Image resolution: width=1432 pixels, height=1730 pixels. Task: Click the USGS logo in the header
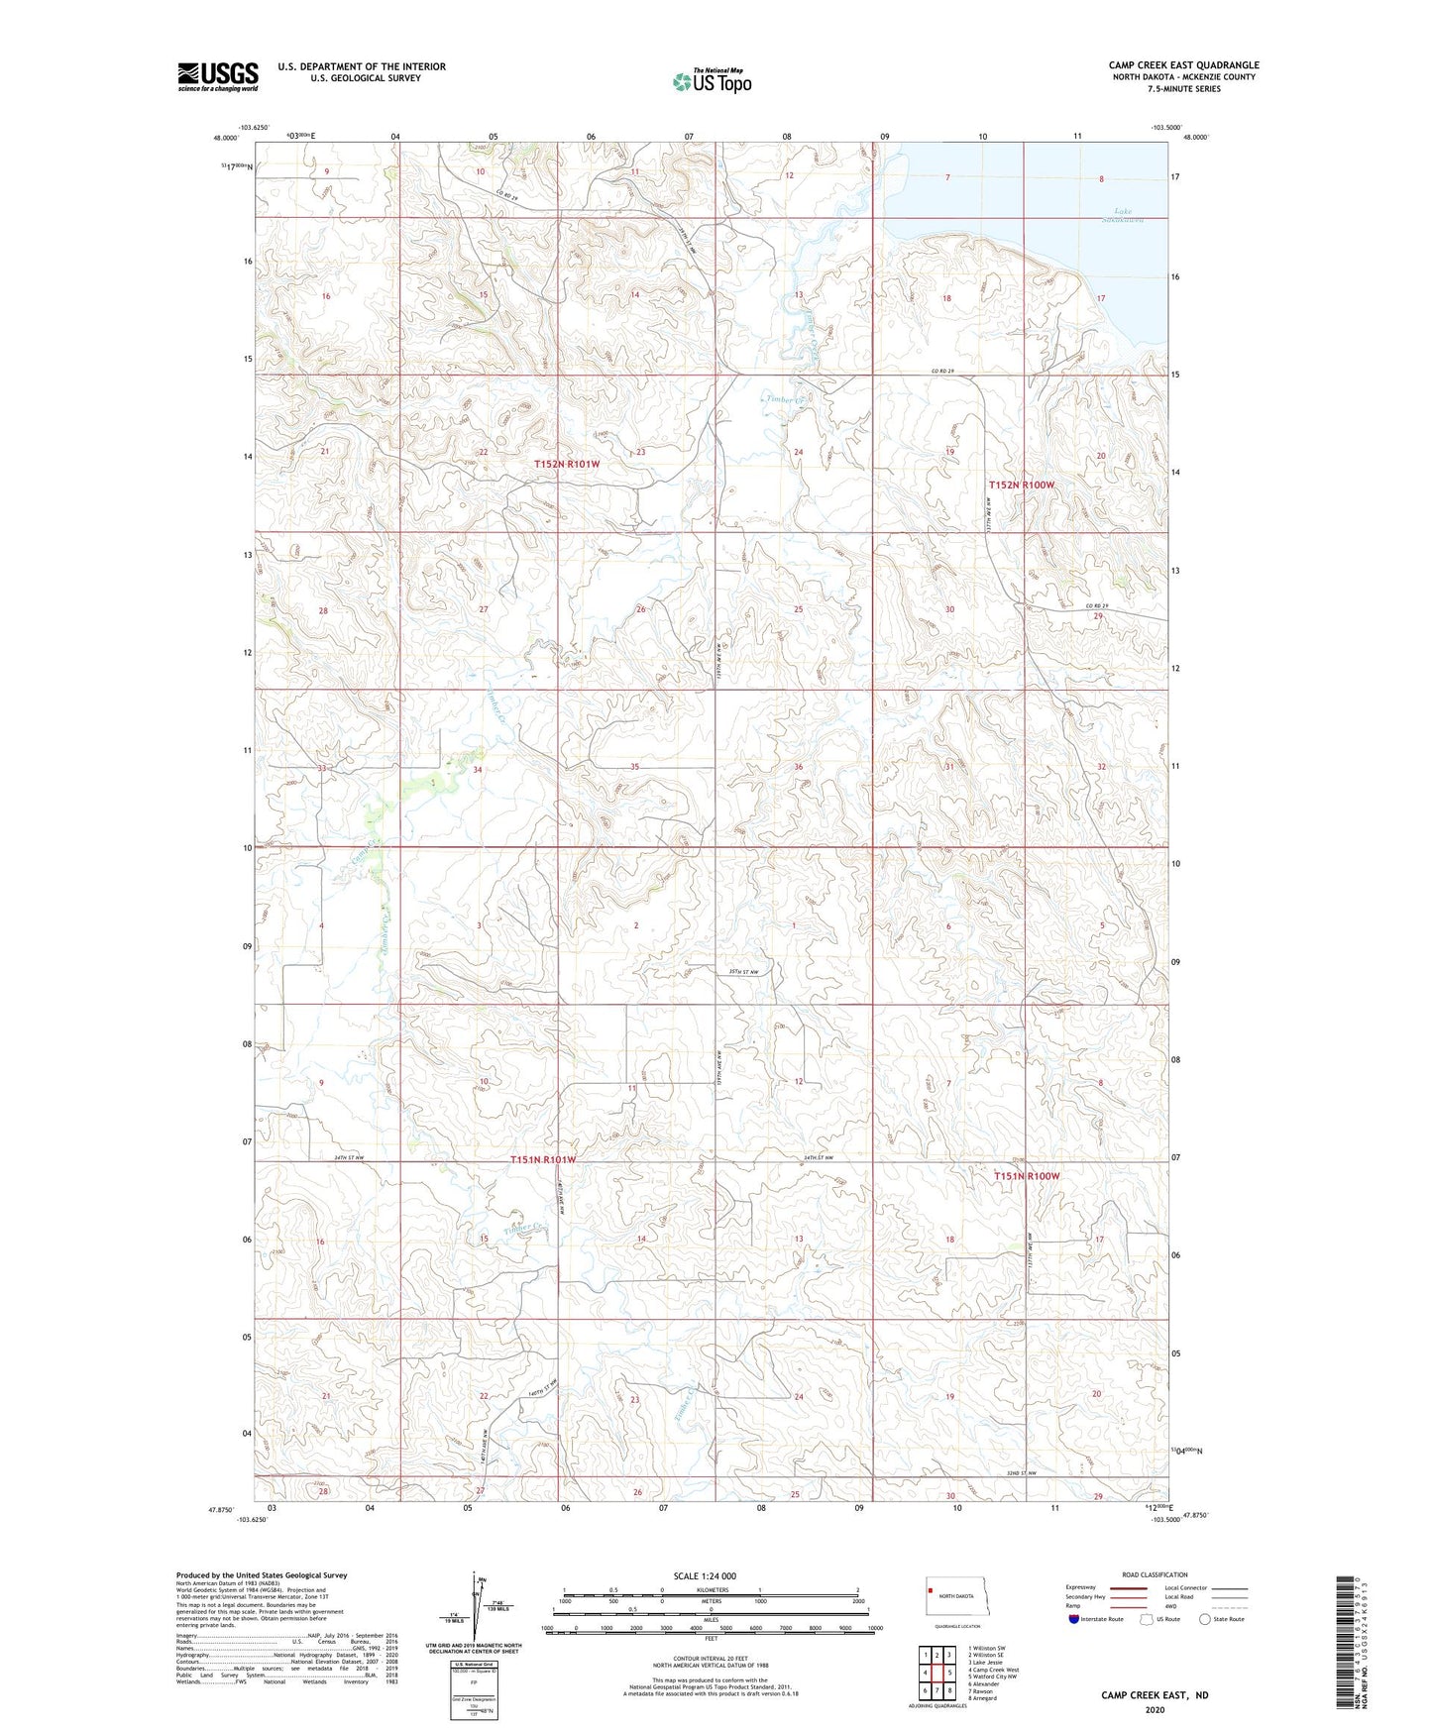[218, 76]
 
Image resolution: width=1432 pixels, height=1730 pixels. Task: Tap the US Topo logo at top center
[712, 80]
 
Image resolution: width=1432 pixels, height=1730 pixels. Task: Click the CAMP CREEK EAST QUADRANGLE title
[1183, 65]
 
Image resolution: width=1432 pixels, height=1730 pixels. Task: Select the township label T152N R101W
[567, 464]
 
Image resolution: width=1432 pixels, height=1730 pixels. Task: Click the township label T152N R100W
[1022, 486]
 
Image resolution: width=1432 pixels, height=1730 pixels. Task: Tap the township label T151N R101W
[543, 1159]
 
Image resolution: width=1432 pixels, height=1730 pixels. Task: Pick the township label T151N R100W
[1027, 1176]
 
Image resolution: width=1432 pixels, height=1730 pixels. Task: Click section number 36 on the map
[798, 767]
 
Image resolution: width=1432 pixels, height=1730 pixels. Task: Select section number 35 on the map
[635, 767]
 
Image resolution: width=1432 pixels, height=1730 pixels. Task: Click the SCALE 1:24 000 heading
[705, 1575]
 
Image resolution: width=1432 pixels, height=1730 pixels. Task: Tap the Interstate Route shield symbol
[1074, 1619]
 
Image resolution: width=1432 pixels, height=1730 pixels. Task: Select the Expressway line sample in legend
[1129, 1587]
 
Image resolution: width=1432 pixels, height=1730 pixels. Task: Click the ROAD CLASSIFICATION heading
[1155, 1574]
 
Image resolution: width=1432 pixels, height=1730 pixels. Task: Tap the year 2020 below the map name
[1155, 1709]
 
